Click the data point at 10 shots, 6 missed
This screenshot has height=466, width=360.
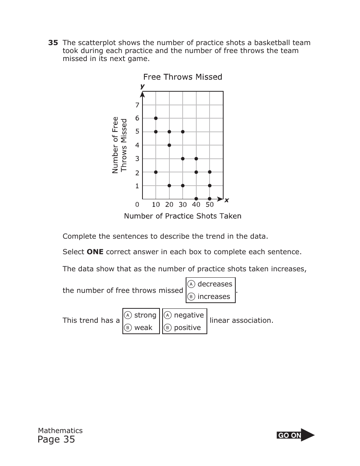156,118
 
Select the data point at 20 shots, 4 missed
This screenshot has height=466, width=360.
169,145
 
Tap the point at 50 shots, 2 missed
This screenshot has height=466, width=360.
210,172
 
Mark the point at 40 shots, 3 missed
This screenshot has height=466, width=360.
196,159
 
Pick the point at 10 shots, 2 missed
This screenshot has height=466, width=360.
156,172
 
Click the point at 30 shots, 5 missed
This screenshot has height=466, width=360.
183,132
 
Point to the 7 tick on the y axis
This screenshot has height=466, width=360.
137,105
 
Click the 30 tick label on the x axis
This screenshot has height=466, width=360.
183,205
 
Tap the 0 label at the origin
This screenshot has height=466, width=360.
137,205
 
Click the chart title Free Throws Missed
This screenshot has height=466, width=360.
183,77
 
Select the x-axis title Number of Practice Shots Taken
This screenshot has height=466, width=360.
183,216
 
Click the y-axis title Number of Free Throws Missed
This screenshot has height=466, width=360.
120,145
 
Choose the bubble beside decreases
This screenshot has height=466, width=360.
192,284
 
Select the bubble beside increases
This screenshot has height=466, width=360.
192,297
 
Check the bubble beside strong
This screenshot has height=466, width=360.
128,315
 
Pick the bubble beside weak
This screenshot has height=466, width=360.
128,328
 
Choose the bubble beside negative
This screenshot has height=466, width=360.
168,315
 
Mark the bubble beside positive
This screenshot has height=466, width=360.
168,328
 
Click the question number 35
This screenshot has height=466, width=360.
53,43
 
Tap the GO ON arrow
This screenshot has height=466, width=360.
296,435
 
